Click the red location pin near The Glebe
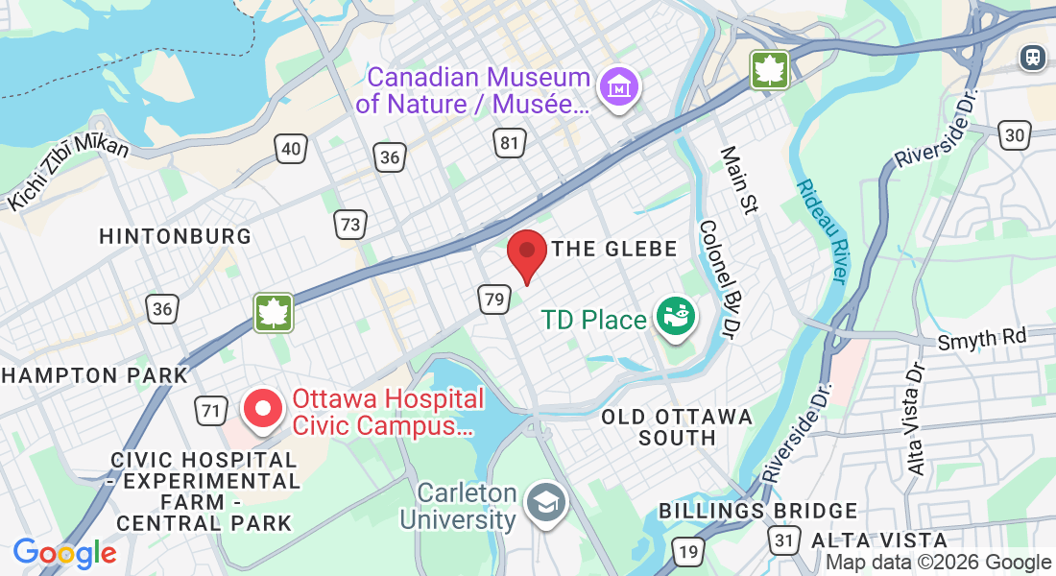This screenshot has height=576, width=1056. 526,252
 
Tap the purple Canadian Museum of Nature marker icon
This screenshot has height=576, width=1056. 619,87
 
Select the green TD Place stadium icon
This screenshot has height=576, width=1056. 674,316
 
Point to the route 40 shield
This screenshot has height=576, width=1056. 291,147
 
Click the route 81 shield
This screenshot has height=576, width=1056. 510,143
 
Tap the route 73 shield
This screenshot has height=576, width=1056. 350,225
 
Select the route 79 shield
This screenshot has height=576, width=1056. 494,299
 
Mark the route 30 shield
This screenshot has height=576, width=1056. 1013,136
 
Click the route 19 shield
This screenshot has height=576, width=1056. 687,551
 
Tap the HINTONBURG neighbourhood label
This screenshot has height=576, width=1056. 176,236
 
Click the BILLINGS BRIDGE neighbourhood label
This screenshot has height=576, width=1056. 757,511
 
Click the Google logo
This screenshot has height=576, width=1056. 65,553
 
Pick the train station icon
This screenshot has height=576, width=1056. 1033,57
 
